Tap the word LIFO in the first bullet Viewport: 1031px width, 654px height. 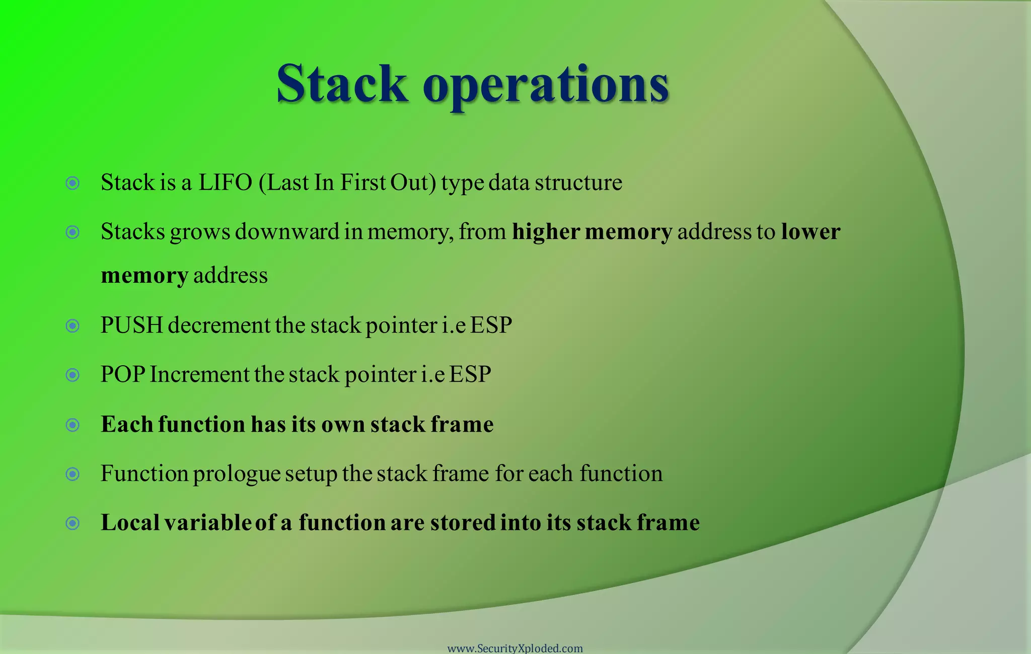(x=225, y=182)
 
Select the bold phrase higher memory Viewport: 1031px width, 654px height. (x=592, y=232)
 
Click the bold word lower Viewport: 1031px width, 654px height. (x=811, y=231)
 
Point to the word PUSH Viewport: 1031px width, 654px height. (x=131, y=325)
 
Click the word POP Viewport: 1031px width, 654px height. (x=123, y=374)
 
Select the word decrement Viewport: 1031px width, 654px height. (x=219, y=325)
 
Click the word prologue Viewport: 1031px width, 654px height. (x=237, y=474)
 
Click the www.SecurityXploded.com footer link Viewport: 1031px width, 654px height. (x=515, y=648)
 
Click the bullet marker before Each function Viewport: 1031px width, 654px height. (x=73, y=425)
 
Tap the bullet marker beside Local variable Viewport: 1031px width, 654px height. (x=73, y=523)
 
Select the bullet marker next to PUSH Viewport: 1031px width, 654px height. (x=73, y=326)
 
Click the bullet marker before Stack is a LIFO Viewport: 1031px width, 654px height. (x=73, y=183)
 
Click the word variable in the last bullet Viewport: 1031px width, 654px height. (x=207, y=522)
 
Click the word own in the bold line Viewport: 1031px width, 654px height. (x=342, y=425)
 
